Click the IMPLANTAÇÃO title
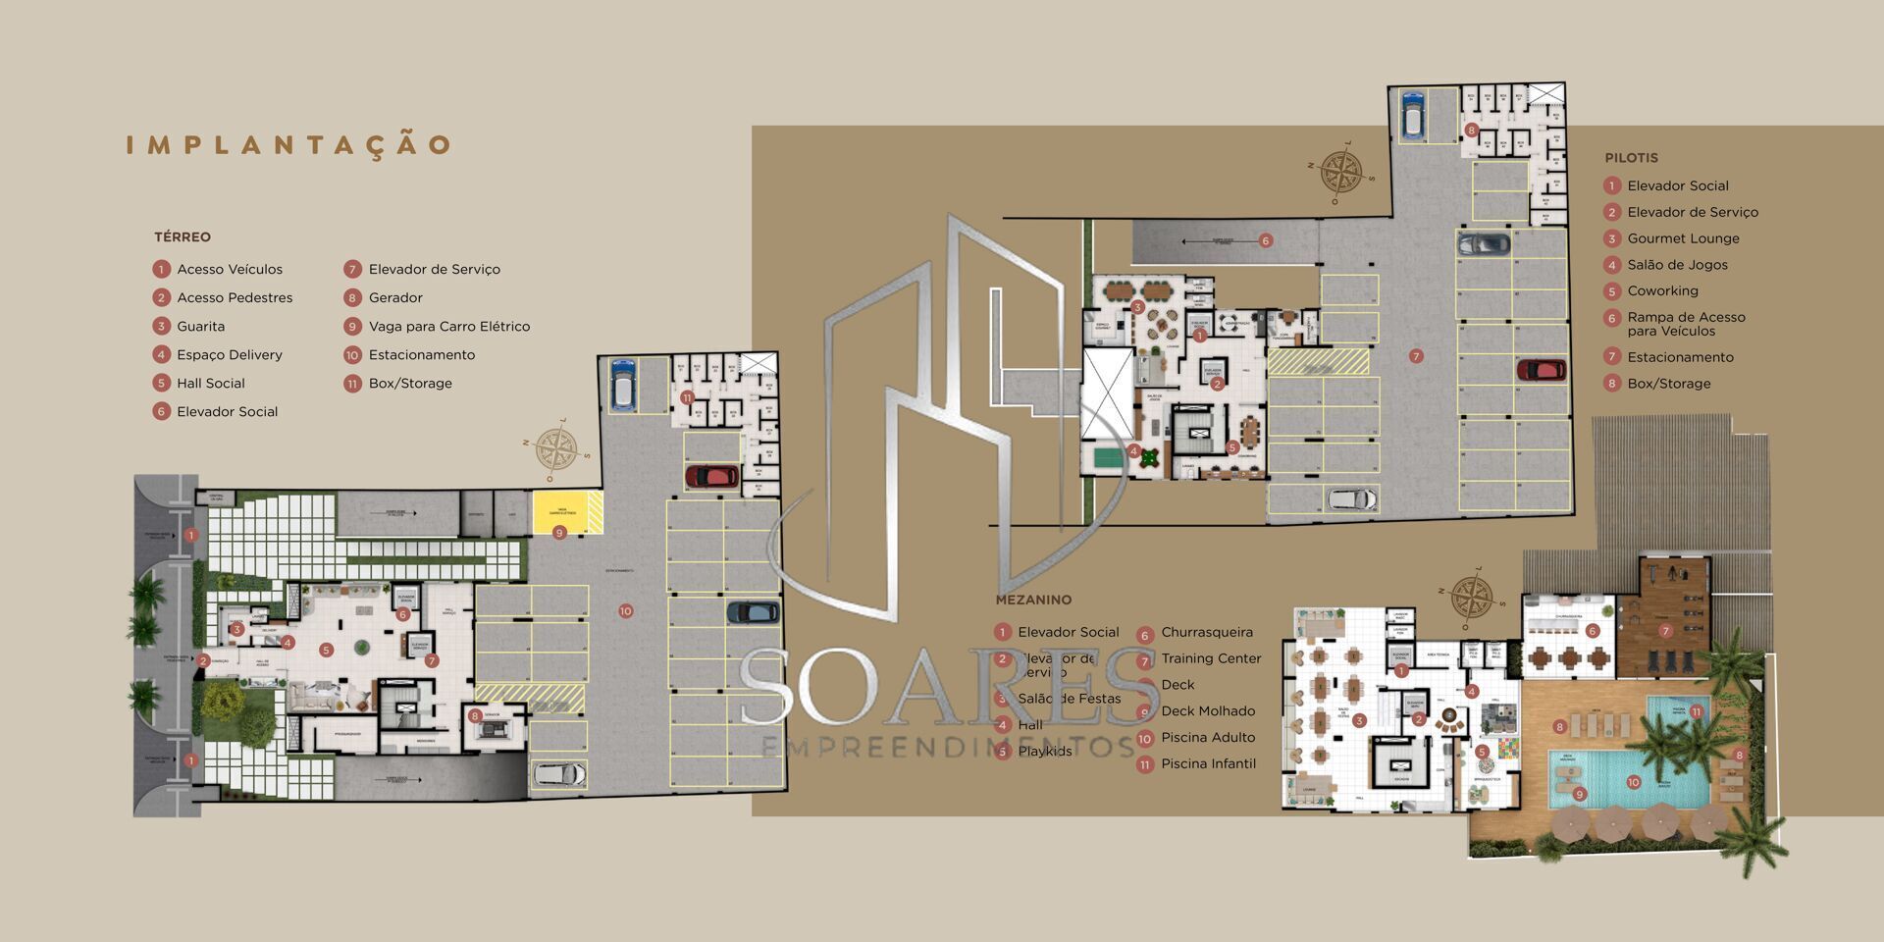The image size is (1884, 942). (x=288, y=145)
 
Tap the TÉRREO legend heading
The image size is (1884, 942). (x=183, y=237)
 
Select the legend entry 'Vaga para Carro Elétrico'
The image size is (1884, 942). (x=448, y=327)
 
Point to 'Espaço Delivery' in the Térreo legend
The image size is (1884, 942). (x=229, y=355)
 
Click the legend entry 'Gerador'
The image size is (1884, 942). (x=395, y=298)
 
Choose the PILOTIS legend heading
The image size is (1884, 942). (x=1631, y=158)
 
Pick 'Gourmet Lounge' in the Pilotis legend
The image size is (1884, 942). (x=1683, y=238)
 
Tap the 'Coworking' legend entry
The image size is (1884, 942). (x=1662, y=291)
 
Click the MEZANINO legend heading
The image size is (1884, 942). (x=1033, y=600)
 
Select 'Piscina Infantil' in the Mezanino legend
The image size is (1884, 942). (x=1208, y=764)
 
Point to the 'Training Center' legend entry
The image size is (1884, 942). (x=1211, y=659)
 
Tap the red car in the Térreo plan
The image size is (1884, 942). (x=711, y=477)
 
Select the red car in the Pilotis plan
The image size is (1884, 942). (x=1542, y=371)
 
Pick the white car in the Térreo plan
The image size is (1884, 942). (x=559, y=774)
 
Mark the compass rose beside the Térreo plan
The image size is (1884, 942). (x=556, y=451)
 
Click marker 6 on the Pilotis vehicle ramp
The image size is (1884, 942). (x=1266, y=240)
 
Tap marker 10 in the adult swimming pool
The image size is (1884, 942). (x=1633, y=783)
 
